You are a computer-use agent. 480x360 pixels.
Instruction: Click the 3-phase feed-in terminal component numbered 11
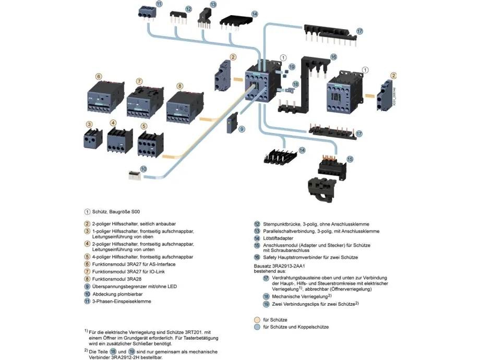click(146, 11)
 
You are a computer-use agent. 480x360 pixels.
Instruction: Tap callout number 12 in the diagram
click(188, 9)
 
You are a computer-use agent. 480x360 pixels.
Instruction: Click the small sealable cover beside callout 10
click(135, 175)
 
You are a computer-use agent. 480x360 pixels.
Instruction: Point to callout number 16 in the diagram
click(333, 56)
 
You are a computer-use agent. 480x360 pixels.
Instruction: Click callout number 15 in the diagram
click(350, 159)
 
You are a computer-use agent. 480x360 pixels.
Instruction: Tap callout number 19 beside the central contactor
click(292, 67)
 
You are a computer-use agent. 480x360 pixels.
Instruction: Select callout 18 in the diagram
click(295, 84)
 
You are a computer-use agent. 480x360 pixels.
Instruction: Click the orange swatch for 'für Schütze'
click(257, 319)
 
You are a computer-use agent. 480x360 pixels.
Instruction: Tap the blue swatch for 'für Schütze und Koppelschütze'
click(257, 327)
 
